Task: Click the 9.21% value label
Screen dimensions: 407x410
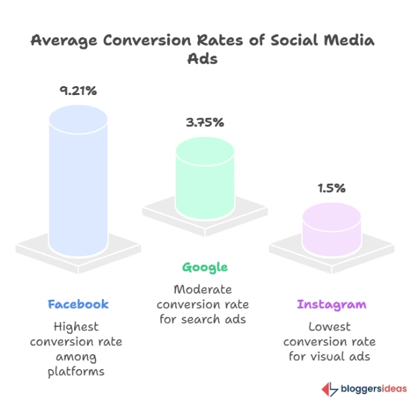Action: (78, 90)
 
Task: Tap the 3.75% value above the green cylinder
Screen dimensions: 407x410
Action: (204, 123)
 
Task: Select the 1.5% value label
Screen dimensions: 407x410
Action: (332, 187)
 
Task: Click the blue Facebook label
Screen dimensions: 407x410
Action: (78, 303)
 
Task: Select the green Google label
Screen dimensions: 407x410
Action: (204, 267)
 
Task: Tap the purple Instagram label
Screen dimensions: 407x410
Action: (332, 304)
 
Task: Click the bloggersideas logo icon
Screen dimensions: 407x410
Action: (329, 389)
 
